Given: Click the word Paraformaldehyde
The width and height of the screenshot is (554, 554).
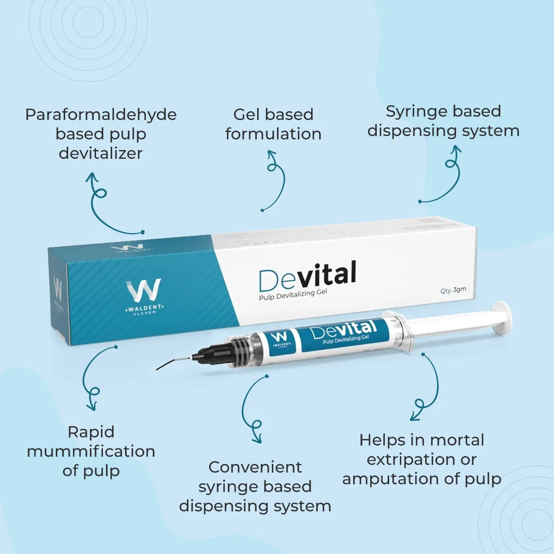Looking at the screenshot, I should pyautogui.click(x=101, y=114).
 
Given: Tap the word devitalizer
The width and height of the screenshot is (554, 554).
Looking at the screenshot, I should pyautogui.click(x=101, y=153).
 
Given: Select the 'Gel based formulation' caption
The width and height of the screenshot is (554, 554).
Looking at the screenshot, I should pyautogui.click(x=273, y=124).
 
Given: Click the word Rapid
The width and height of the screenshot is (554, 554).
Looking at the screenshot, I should pyautogui.click(x=91, y=432).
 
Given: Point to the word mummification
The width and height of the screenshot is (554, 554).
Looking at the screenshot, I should pyautogui.click(x=91, y=451).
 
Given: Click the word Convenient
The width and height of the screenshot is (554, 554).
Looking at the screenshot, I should pyautogui.click(x=255, y=467).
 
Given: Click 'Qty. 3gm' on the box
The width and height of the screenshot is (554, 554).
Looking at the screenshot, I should pyautogui.click(x=453, y=290).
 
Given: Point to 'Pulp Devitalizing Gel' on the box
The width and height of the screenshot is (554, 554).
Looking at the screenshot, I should pyautogui.click(x=293, y=295).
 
